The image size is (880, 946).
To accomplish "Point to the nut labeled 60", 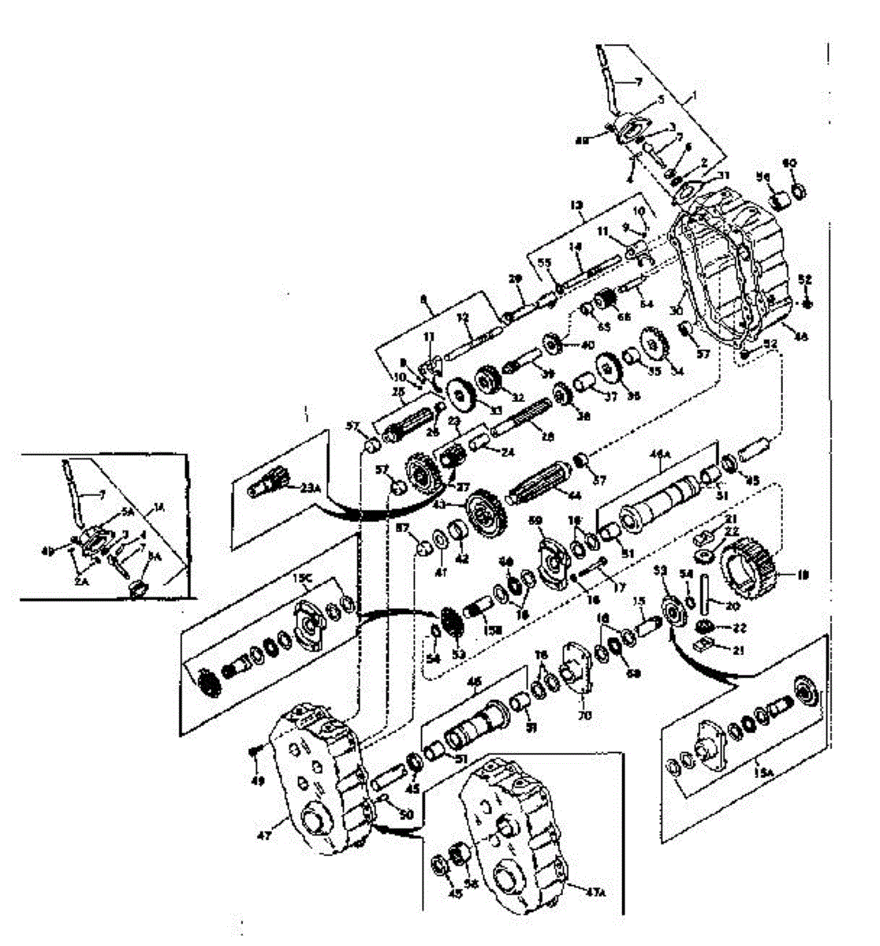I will [x=796, y=190].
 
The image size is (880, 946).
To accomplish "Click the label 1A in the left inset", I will [x=161, y=507].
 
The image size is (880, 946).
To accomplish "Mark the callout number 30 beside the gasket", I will [x=674, y=311].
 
